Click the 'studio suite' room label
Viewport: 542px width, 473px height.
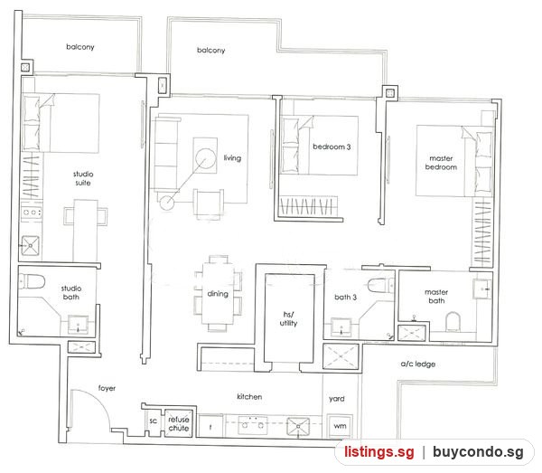tap(83, 178)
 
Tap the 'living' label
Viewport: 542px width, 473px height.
tap(232, 158)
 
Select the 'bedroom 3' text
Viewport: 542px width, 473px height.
tap(332, 147)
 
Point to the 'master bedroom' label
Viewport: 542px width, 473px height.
tap(441, 163)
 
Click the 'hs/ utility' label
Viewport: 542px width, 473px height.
tap(289, 318)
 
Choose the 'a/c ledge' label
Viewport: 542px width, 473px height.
tap(418, 364)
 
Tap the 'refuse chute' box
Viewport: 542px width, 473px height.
tap(178, 423)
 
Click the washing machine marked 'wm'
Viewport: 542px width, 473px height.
tap(340, 426)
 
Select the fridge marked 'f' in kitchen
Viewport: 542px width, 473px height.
tap(210, 426)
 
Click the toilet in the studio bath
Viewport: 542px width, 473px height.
tap(33, 281)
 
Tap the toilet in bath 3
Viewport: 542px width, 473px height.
tap(380, 286)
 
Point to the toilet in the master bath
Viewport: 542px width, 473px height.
tap(453, 322)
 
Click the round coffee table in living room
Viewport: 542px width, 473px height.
tap(205, 158)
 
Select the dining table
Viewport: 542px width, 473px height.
tap(218, 293)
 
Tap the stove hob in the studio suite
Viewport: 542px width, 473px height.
tap(32, 213)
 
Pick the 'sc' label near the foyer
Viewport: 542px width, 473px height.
tap(154, 421)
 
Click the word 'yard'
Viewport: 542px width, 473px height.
tap(337, 399)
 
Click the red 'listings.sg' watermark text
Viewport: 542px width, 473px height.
tap(378, 452)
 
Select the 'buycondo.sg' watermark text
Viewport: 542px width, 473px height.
tap(478, 452)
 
